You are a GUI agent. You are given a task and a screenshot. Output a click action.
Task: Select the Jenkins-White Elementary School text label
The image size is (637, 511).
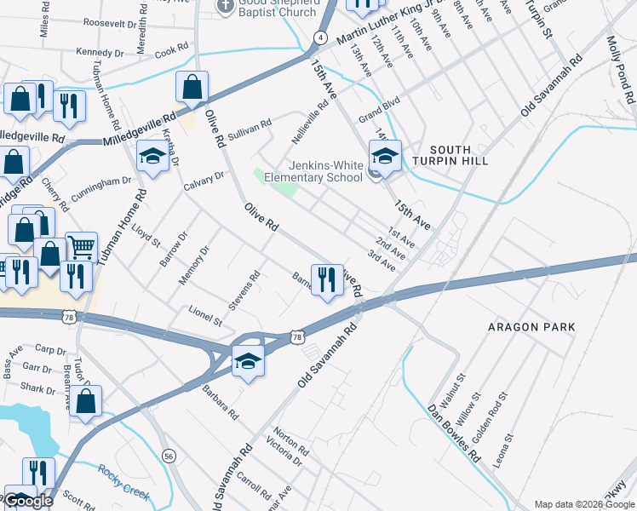pos(314,171)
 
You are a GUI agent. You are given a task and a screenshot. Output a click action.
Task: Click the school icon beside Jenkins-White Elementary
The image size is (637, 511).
pos(385,156)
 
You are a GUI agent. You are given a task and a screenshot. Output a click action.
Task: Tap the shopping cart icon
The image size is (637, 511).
pos(81,248)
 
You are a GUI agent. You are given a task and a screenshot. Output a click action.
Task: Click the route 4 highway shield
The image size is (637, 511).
pos(319,37)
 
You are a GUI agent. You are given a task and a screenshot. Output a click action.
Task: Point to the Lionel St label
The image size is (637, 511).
pos(205,317)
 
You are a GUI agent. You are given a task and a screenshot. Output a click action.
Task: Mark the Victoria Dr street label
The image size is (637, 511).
pos(284,456)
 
